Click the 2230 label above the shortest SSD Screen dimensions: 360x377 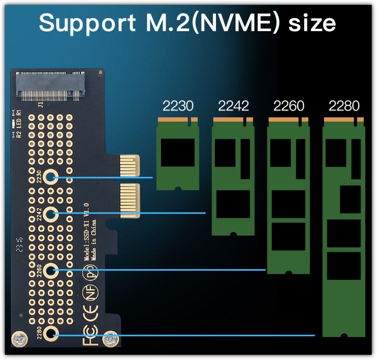click(178, 106)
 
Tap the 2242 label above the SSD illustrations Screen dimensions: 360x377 click(233, 106)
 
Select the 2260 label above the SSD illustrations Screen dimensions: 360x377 click(288, 106)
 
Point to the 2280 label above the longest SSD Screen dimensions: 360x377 click(344, 106)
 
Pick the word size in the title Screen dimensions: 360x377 click(311, 23)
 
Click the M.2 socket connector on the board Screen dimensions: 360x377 click(50, 86)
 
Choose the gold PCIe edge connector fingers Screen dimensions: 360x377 click(129, 186)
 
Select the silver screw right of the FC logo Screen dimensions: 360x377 click(110, 338)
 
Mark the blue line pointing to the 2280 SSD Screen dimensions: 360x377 click(186, 335)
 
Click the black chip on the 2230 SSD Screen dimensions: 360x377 click(178, 152)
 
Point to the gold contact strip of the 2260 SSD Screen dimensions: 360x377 click(288, 120)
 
